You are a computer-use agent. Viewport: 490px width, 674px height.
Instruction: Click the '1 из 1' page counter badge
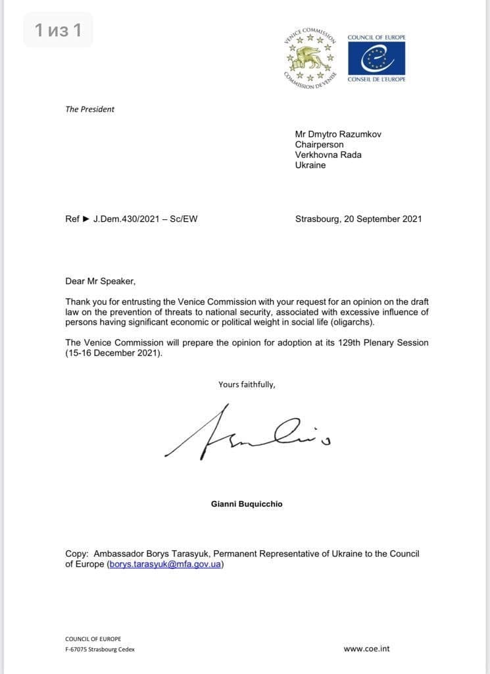tap(58, 30)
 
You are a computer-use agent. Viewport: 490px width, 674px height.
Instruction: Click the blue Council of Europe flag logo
tap(376, 59)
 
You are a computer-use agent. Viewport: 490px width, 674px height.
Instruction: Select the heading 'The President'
tap(89, 109)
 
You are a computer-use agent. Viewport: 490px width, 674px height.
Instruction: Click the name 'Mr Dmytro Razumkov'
tap(338, 134)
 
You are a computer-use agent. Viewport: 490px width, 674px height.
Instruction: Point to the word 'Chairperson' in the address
tap(319, 145)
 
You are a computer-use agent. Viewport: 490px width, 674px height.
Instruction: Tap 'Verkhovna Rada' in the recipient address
tap(328, 155)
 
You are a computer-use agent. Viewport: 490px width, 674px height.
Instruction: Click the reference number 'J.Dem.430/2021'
tap(126, 219)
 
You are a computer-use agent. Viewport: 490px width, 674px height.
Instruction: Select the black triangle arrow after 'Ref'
tap(86, 219)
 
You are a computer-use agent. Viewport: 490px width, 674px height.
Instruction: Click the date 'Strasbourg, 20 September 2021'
tap(358, 219)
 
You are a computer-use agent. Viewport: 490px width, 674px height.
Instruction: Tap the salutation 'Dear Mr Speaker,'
tap(100, 281)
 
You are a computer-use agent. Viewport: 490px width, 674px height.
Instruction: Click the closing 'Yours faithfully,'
tap(247, 384)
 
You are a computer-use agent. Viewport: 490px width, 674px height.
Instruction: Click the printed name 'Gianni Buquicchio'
tap(247, 504)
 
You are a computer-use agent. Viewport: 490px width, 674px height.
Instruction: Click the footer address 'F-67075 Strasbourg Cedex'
tap(100, 649)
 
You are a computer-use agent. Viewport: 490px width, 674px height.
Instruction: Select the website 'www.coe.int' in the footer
tap(366, 648)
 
